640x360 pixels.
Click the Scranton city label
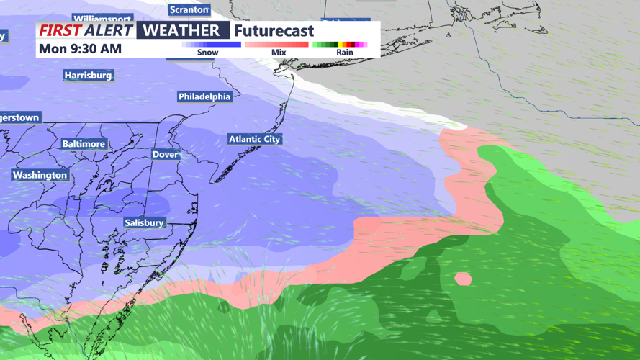tap(189, 10)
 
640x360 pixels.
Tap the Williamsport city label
tap(102, 18)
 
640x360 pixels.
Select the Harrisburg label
tap(88, 75)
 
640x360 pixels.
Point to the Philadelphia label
tap(204, 96)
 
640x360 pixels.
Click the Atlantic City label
tap(254, 139)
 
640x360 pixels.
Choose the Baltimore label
tap(84, 144)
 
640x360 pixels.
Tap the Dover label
tap(165, 155)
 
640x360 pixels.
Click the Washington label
tap(40, 175)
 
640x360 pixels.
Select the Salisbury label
tap(144, 222)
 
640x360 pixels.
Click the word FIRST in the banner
tap(60, 30)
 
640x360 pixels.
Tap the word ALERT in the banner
tap(108, 30)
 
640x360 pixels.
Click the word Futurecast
tap(274, 31)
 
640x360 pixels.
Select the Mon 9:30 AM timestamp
tap(80, 49)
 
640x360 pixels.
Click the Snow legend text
tap(207, 53)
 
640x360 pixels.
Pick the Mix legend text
tap(279, 53)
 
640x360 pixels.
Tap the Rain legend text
tap(345, 53)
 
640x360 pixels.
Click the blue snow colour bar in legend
tap(212, 45)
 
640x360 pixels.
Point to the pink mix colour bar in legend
tap(277, 45)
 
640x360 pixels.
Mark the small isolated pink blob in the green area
tap(463, 278)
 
